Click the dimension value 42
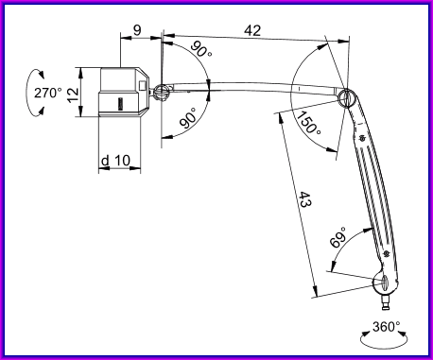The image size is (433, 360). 252,30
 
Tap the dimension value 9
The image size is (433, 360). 137,30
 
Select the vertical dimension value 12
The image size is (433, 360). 73,94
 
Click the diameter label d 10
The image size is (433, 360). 115,161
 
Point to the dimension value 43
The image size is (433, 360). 304,199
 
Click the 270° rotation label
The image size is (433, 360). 48,93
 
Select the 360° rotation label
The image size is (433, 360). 387,327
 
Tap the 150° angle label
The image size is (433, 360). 309,123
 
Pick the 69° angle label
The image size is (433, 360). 338,238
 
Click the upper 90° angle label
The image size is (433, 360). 201,49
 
